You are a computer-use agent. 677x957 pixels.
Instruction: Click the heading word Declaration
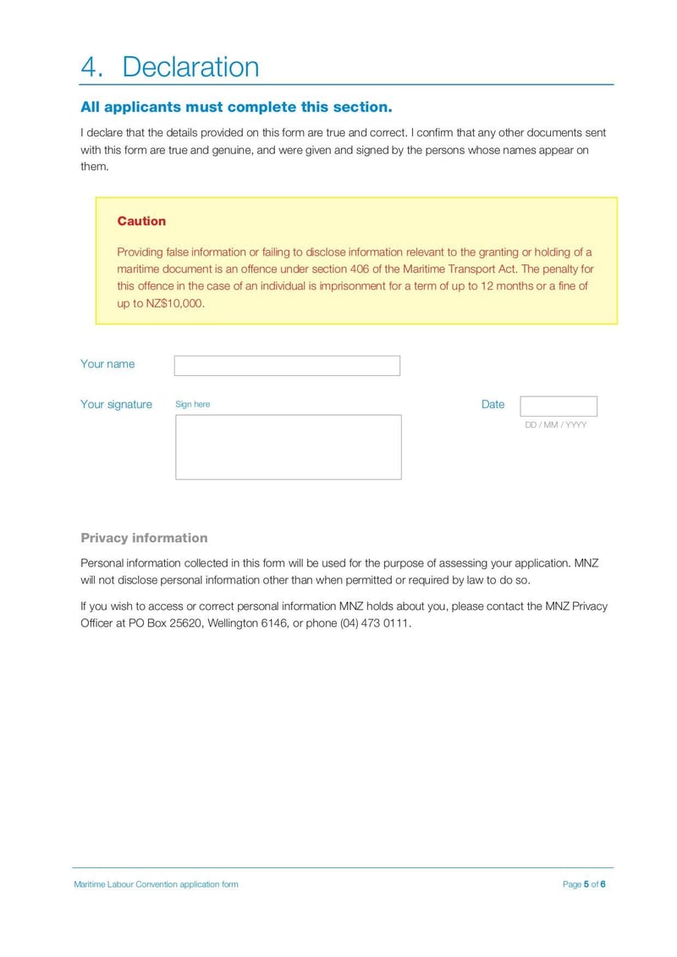pyautogui.click(x=190, y=67)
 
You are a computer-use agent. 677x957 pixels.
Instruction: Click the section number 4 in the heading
pyautogui.click(x=91, y=67)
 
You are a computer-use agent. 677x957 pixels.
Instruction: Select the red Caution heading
pyautogui.click(x=141, y=221)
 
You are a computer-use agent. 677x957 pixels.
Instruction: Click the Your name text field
pyautogui.click(x=287, y=366)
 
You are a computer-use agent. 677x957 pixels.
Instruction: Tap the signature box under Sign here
pyautogui.click(x=288, y=447)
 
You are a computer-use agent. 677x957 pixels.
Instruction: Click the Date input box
pyautogui.click(x=558, y=407)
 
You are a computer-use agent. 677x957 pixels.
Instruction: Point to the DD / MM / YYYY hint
pyautogui.click(x=555, y=425)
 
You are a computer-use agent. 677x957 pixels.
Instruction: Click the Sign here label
pyautogui.click(x=192, y=405)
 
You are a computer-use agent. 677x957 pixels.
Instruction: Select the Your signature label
pyautogui.click(x=116, y=405)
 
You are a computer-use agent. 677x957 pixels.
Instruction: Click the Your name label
pyautogui.click(x=107, y=364)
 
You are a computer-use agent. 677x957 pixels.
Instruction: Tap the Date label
pyautogui.click(x=493, y=405)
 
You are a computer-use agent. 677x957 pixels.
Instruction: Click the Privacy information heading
pyautogui.click(x=144, y=538)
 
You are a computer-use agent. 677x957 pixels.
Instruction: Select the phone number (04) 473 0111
pyautogui.click(x=375, y=623)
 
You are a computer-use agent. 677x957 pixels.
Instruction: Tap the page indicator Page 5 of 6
pyautogui.click(x=584, y=884)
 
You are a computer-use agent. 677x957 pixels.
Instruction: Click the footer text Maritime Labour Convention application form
pyautogui.click(x=156, y=884)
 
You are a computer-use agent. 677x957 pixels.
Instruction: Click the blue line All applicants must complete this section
pyautogui.click(x=236, y=108)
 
